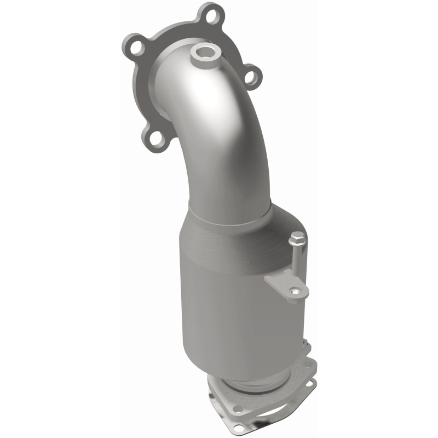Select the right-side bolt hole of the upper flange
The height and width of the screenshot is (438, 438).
251,78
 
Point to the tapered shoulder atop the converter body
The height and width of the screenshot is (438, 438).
230,222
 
